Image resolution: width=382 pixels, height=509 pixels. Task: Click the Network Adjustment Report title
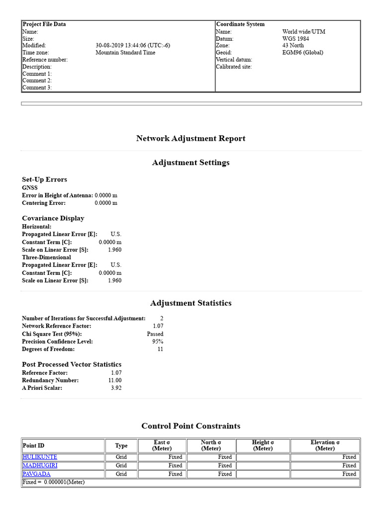coord(191,139)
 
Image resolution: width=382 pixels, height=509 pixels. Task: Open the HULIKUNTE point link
coord(40,457)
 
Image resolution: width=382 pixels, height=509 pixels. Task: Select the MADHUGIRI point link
coord(40,465)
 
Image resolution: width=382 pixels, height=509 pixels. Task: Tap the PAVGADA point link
coord(36,474)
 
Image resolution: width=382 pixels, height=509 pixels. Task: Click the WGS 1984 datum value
coord(296,39)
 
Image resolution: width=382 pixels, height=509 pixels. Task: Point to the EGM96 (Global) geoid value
coord(302,53)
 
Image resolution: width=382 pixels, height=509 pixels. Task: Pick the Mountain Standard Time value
coord(125,53)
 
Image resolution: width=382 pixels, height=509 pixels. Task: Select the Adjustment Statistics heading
coord(191,303)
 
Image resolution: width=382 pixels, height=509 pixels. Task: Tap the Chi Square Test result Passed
coord(155,334)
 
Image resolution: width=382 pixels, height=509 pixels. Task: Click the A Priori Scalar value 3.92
coord(116,388)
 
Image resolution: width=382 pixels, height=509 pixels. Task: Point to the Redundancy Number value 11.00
coord(115,380)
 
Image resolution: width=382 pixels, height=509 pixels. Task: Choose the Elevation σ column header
coord(325,445)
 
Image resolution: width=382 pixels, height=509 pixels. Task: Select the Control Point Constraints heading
coord(191,426)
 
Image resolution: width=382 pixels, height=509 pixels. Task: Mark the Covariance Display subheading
coord(53,218)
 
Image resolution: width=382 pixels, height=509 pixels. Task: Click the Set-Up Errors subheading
coord(44,179)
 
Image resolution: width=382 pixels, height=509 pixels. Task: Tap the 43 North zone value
coord(293,46)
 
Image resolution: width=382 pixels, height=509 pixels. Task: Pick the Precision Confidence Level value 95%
coord(158,342)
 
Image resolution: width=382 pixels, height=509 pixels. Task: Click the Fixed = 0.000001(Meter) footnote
coord(54,482)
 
